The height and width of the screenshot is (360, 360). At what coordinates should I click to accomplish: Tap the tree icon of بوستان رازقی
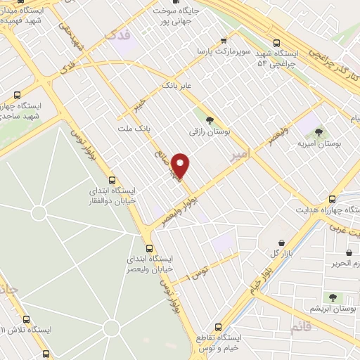[209, 119]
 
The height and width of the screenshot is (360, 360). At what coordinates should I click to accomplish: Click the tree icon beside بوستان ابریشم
[333, 297]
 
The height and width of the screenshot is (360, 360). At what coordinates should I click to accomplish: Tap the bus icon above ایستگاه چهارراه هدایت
[332, 199]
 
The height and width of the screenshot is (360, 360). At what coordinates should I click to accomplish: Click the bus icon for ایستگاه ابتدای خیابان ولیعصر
[149, 248]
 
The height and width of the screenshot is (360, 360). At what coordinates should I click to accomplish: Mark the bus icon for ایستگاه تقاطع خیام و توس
[218, 327]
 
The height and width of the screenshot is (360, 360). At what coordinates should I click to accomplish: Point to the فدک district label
[116, 34]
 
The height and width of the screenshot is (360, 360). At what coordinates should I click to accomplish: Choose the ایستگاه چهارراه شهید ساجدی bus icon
[17, 94]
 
